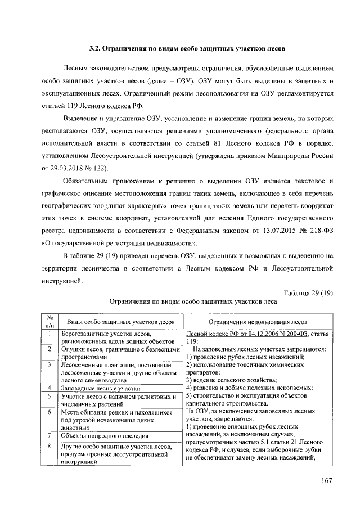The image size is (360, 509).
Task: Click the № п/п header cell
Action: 49,321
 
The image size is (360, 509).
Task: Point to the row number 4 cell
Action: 49,388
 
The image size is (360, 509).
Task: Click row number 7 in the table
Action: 49,435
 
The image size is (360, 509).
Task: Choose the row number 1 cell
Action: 49,334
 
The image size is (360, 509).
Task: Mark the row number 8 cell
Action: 49,447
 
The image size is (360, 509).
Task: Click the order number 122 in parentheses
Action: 101,169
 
